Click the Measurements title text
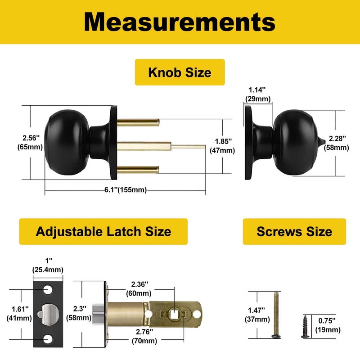point(180,21)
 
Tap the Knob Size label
point(180,72)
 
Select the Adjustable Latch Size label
point(103,231)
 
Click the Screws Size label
point(294,231)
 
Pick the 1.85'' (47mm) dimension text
point(222,145)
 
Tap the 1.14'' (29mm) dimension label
point(257,94)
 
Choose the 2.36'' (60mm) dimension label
point(139,289)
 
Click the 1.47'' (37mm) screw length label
point(257,315)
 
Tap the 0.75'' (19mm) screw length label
point(328,325)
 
